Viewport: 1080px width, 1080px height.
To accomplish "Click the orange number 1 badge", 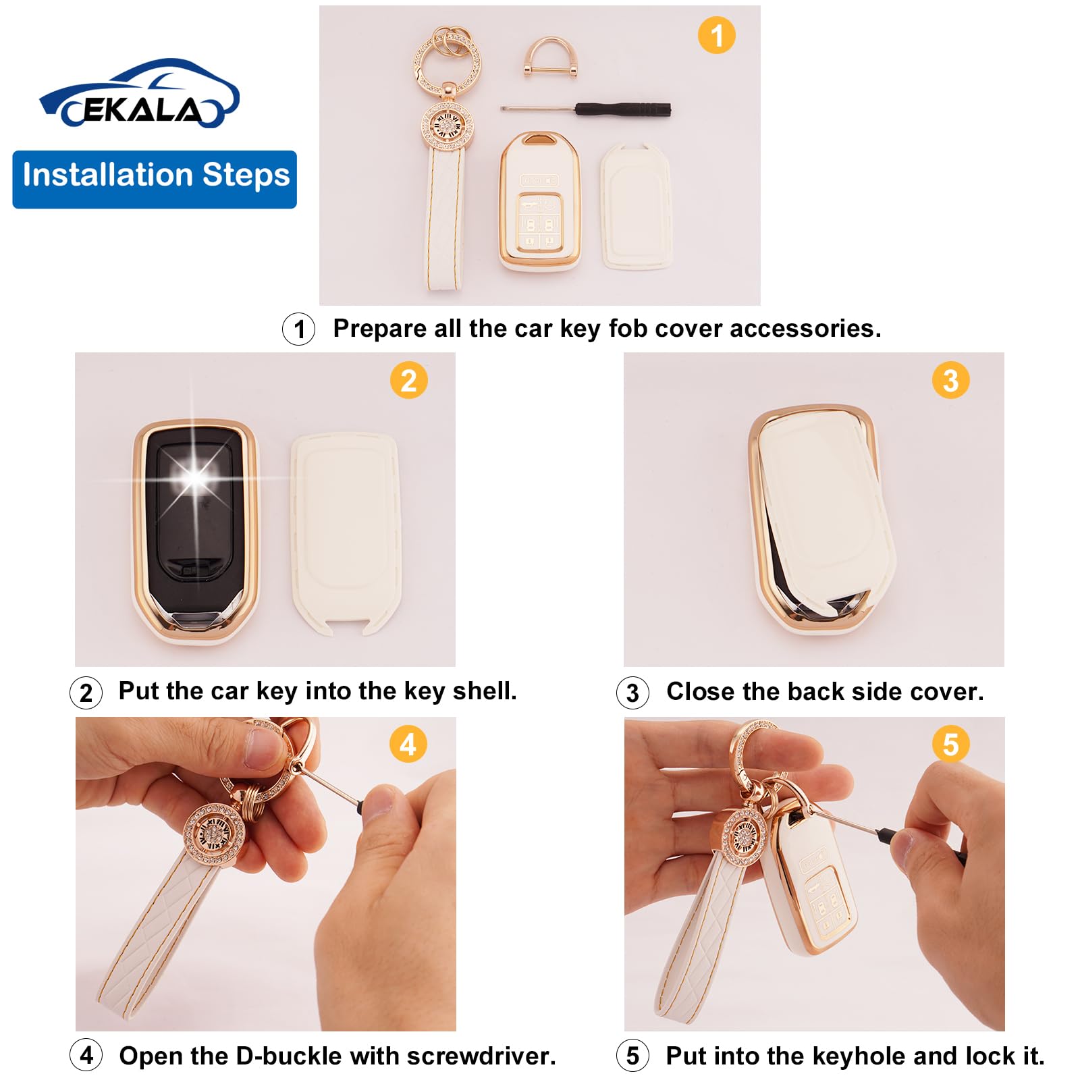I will [x=716, y=35].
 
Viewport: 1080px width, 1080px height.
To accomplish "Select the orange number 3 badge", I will [x=950, y=380].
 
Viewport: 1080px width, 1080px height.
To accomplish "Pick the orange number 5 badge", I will [x=950, y=745].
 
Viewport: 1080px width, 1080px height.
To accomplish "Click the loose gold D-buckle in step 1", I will [x=549, y=57].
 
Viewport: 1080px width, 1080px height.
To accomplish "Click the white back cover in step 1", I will [x=636, y=206].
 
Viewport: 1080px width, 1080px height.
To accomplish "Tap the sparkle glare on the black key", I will [x=195, y=478].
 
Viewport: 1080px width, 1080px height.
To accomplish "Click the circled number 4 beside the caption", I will [x=86, y=1055].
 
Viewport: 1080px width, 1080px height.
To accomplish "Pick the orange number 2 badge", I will [x=408, y=380].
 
